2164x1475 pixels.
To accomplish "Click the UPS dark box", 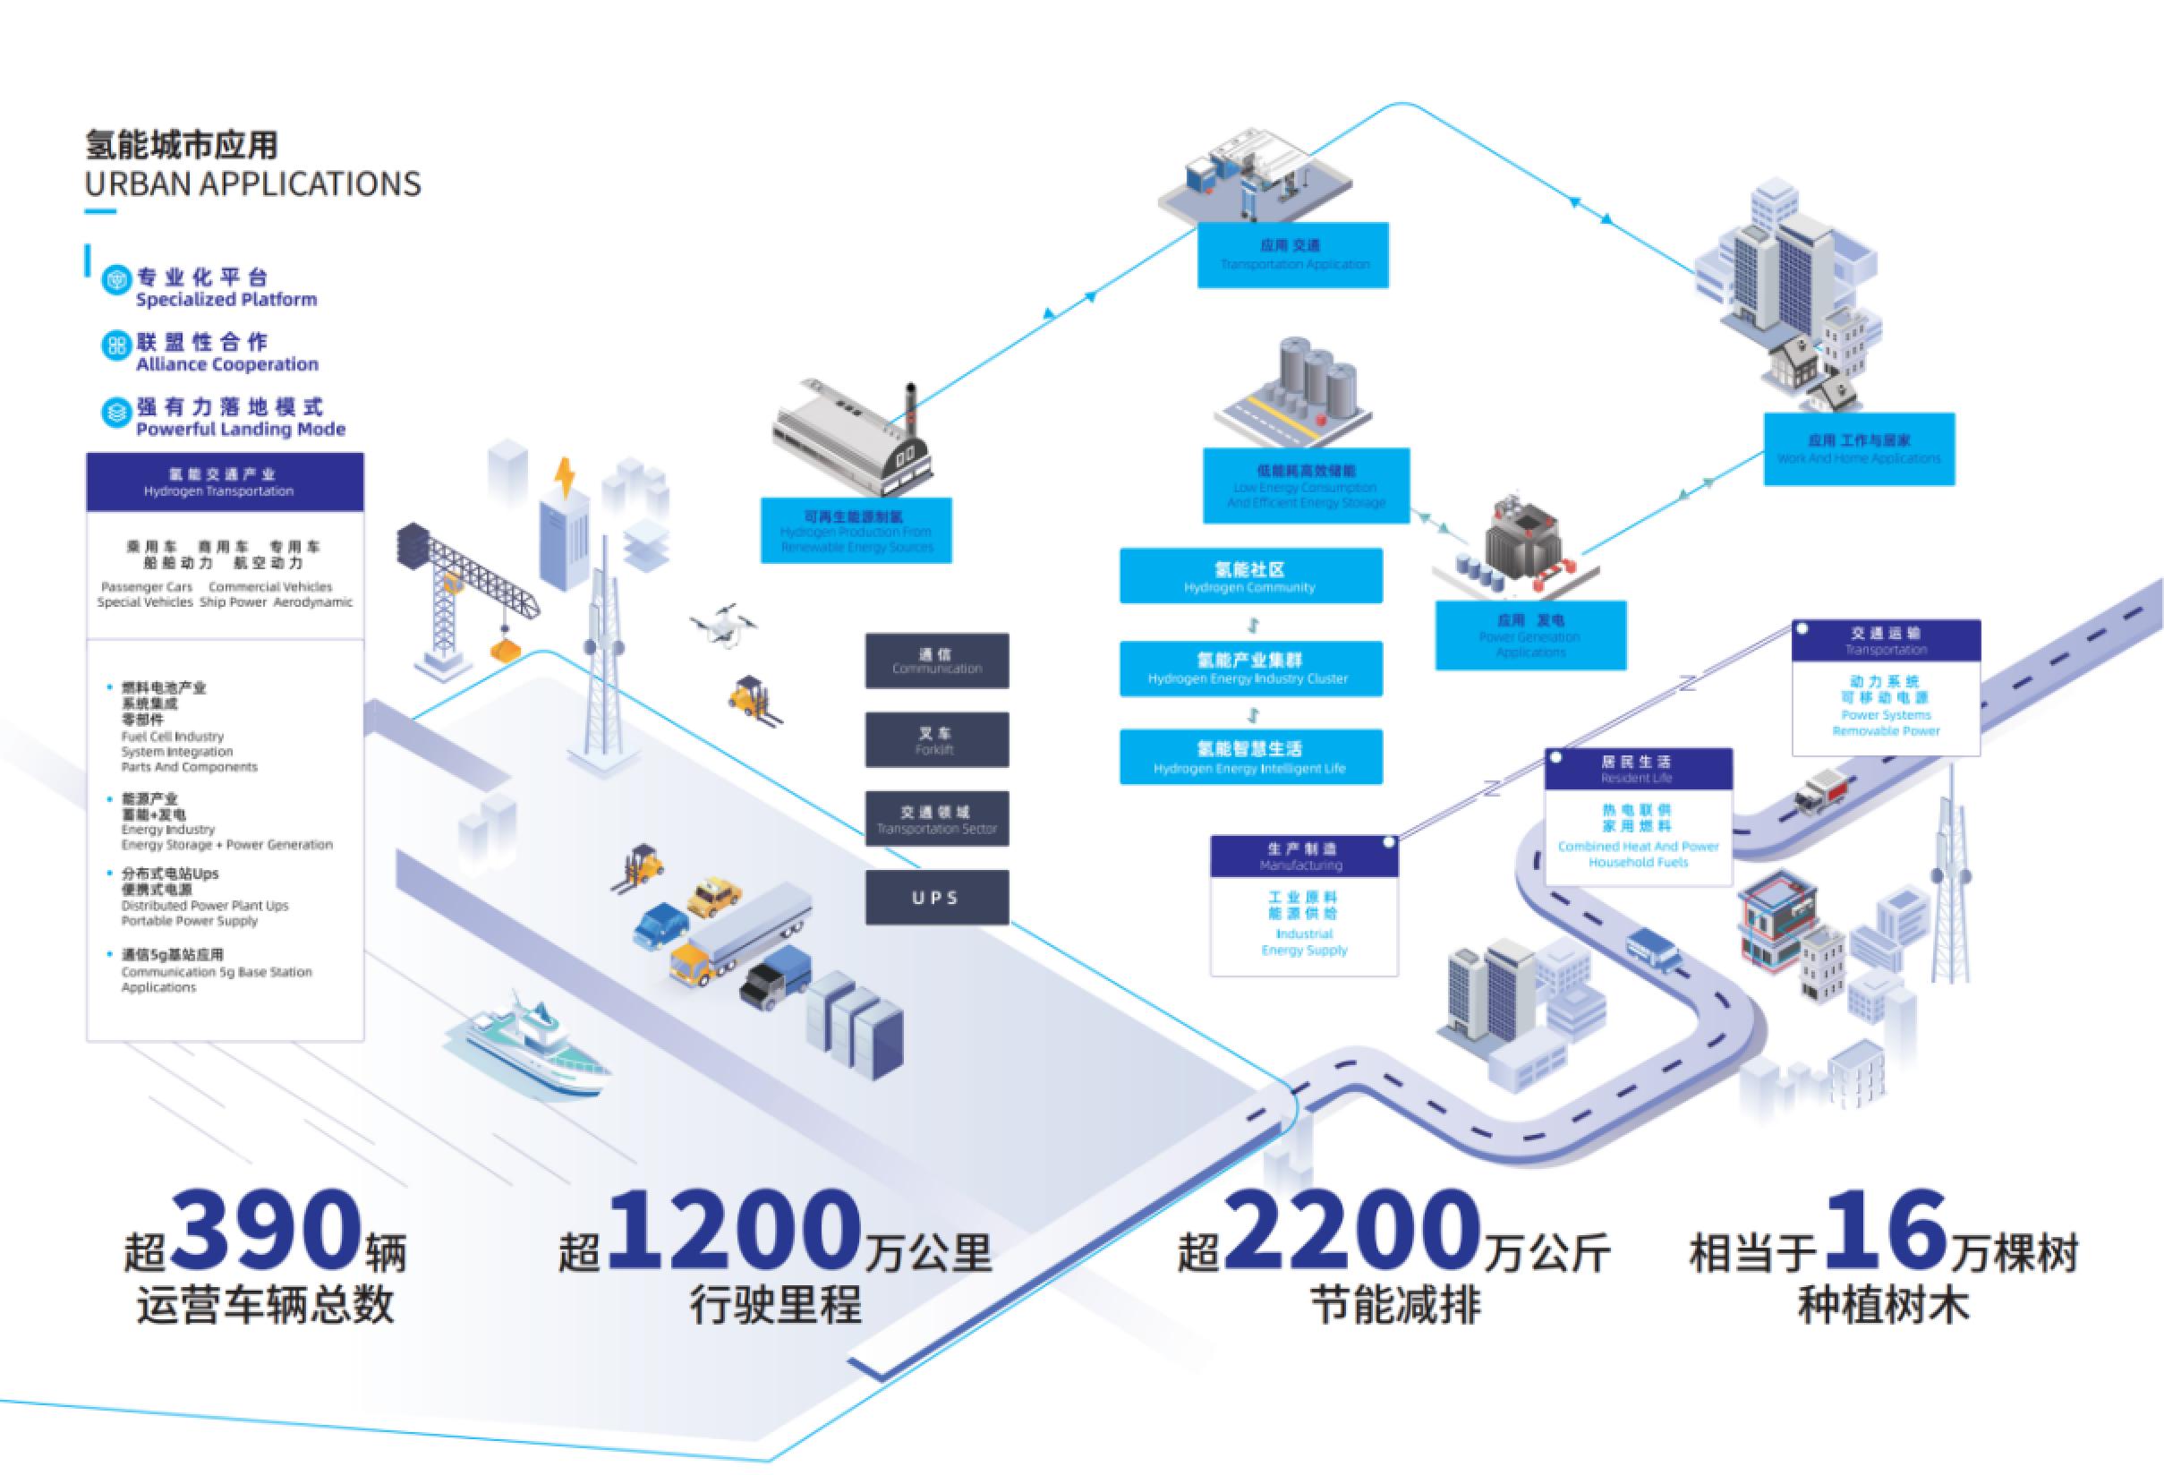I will tap(936, 898).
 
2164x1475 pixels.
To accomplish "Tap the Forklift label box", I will tap(936, 740).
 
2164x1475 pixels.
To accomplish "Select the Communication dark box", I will tap(936, 661).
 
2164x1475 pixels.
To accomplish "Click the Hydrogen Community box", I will tap(1249, 576).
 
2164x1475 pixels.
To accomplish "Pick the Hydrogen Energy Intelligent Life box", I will tap(1249, 757).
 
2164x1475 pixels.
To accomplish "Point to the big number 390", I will tap(268, 1231).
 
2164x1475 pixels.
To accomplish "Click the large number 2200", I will tap(1352, 1231).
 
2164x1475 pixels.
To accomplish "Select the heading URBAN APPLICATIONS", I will tap(252, 184).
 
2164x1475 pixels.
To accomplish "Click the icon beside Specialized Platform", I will tap(116, 280).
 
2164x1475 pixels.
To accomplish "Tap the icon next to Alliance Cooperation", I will tap(116, 346).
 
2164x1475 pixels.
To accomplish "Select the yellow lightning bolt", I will tap(565, 479).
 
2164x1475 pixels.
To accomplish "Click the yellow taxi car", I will tap(714, 896).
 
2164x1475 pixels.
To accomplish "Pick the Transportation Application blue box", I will tap(1292, 254).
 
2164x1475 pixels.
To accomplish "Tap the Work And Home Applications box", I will tap(1859, 448).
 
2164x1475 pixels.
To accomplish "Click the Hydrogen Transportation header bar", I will tap(225, 482).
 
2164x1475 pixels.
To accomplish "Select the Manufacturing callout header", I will tap(1303, 857).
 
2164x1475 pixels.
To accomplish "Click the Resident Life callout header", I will tap(1637, 769).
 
